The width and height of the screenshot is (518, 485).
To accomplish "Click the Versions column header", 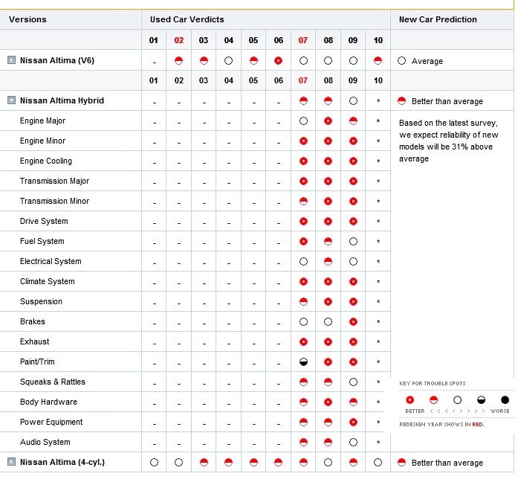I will click(27, 19).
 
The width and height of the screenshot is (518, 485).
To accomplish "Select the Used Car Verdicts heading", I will click(187, 19).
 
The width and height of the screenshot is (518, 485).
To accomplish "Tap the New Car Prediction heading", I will click(438, 19).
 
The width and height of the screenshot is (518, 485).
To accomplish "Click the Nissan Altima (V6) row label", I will click(56, 60).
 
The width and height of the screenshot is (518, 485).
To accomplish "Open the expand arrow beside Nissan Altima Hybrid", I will click(11, 100).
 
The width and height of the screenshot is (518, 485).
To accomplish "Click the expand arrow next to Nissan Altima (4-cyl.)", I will click(11, 462).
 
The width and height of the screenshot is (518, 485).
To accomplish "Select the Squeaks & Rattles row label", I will click(53, 382).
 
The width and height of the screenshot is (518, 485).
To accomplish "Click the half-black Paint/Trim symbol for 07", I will click(303, 362).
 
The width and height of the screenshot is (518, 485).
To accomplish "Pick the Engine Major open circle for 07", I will click(303, 121).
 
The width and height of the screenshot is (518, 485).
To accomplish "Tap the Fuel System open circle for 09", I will click(353, 241).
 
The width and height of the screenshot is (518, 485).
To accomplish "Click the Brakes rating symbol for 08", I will click(328, 322).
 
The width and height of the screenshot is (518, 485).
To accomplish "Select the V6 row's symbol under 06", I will click(278, 60).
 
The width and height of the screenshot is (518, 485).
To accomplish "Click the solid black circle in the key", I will click(505, 400).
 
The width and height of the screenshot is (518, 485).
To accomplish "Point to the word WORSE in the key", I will click(500, 411).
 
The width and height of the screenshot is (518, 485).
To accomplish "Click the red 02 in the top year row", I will click(178, 40).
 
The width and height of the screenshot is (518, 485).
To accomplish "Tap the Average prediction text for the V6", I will click(427, 61).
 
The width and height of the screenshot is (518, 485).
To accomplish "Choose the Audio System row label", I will click(45, 442).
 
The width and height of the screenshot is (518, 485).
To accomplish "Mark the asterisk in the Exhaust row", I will click(378, 342).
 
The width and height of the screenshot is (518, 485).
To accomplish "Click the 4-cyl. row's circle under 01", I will click(154, 462).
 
